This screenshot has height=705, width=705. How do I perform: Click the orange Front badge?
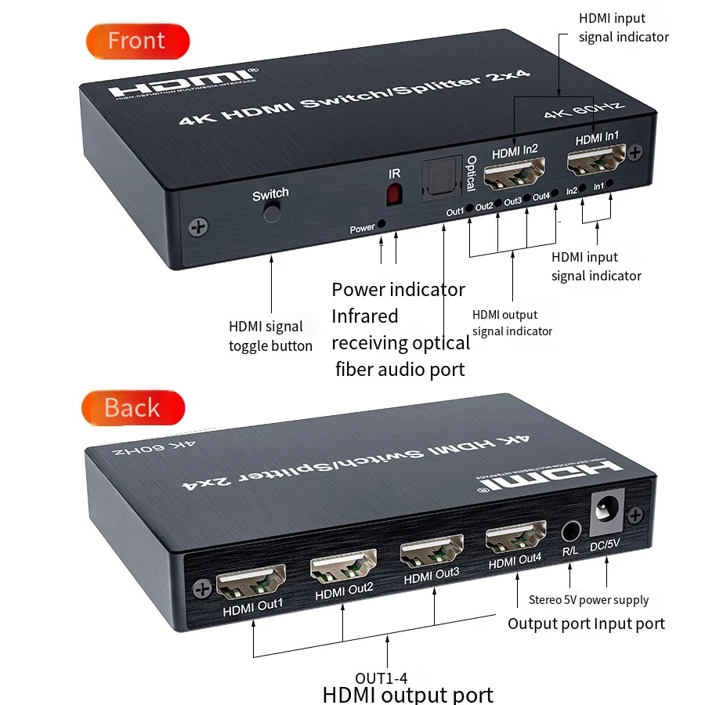(137, 41)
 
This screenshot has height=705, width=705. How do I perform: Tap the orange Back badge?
(132, 408)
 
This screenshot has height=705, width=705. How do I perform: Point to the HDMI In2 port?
(514, 175)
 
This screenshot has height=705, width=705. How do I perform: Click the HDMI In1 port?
(597, 164)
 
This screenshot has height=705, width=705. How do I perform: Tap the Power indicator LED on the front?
(381, 224)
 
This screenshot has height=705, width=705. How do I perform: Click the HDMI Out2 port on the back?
(342, 569)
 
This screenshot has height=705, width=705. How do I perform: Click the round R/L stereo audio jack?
(571, 531)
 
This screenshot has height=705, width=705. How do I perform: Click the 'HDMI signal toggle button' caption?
(270, 336)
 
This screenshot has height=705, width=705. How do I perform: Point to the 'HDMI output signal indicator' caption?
(512, 323)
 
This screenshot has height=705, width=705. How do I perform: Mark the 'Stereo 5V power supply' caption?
(588, 600)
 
